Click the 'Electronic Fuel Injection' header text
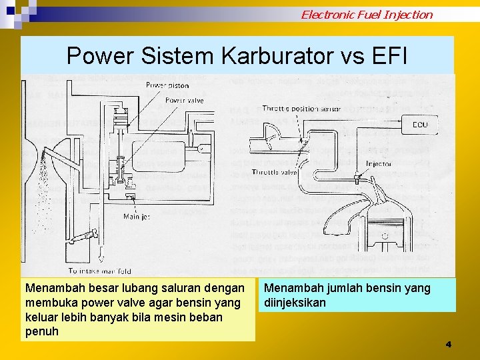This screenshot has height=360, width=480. click(x=366, y=14)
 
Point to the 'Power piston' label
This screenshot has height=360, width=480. click(x=168, y=85)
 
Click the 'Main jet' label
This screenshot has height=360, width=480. click(x=137, y=216)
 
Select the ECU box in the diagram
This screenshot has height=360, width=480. click(x=421, y=124)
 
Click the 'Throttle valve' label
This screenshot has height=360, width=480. click(x=274, y=172)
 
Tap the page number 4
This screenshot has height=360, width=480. click(x=448, y=344)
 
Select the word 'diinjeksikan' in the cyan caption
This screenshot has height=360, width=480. click(x=295, y=303)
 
